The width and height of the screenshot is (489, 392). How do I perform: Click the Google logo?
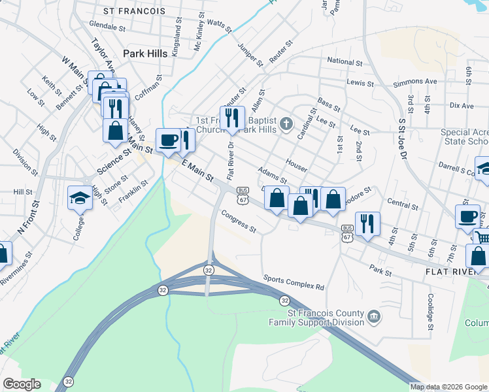click(22, 384)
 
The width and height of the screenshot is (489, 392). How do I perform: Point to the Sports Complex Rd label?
click(294, 282)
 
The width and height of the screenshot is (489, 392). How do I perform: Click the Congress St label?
click(239, 221)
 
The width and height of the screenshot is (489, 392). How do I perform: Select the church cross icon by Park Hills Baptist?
click(286, 123)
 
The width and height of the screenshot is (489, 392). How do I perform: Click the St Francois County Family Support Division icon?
click(373, 317)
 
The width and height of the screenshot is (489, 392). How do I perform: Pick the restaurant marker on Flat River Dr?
click(232, 118)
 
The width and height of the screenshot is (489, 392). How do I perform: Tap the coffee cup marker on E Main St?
click(168, 140)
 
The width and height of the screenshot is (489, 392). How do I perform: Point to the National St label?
click(345, 61)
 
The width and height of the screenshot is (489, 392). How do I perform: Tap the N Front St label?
click(29, 217)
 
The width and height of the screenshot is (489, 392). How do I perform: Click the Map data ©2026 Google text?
click(448, 387)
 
